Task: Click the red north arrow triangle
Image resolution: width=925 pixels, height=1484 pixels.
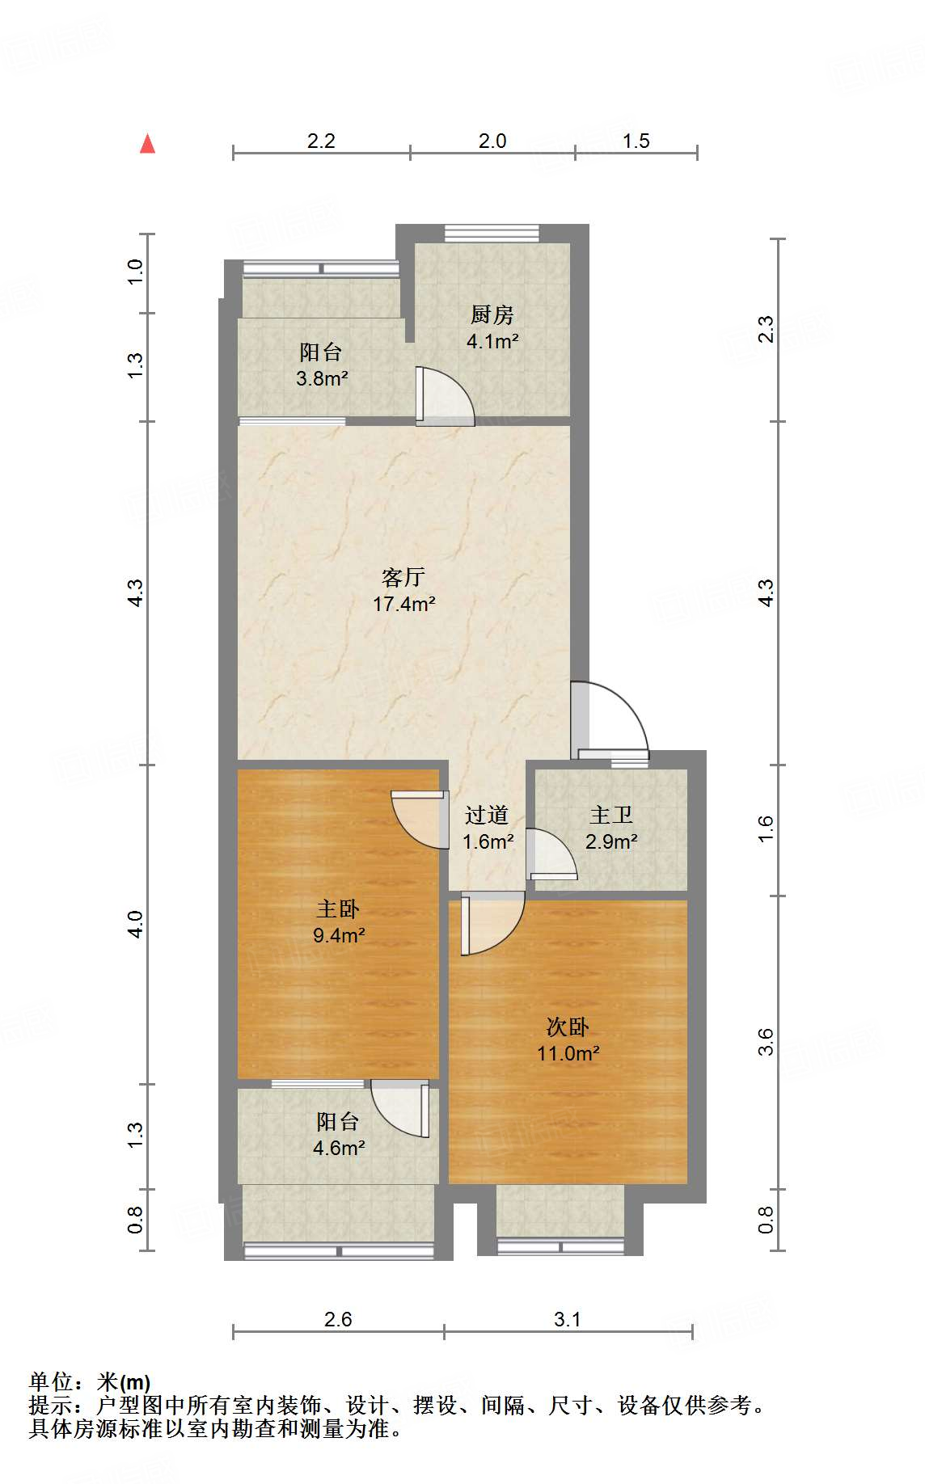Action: click(147, 144)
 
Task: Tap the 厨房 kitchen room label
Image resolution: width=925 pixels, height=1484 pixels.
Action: click(492, 314)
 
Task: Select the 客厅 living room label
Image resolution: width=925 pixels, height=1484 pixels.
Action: click(403, 576)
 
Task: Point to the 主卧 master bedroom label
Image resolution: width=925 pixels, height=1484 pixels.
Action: click(338, 909)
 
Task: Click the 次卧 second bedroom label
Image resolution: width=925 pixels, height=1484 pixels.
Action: click(568, 1027)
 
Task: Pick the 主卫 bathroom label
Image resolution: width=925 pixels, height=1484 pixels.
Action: click(611, 815)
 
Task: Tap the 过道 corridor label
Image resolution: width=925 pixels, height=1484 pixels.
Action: click(487, 815)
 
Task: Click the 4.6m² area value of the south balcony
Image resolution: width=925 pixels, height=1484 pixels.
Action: click(339, 1148)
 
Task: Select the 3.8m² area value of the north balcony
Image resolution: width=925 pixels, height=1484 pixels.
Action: click(322, 377)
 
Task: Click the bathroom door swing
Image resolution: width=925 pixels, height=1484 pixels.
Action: click(551, 854)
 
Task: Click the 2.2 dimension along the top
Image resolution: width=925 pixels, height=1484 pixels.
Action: click(321, 141)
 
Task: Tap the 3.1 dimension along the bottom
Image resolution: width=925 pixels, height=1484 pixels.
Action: click(568, 1319)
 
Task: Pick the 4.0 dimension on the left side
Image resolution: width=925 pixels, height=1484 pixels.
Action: click(135, 924)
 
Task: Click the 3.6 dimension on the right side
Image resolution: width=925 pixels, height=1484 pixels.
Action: click(765, 1042)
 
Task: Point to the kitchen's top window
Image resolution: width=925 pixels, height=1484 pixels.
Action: click(492, 233)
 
